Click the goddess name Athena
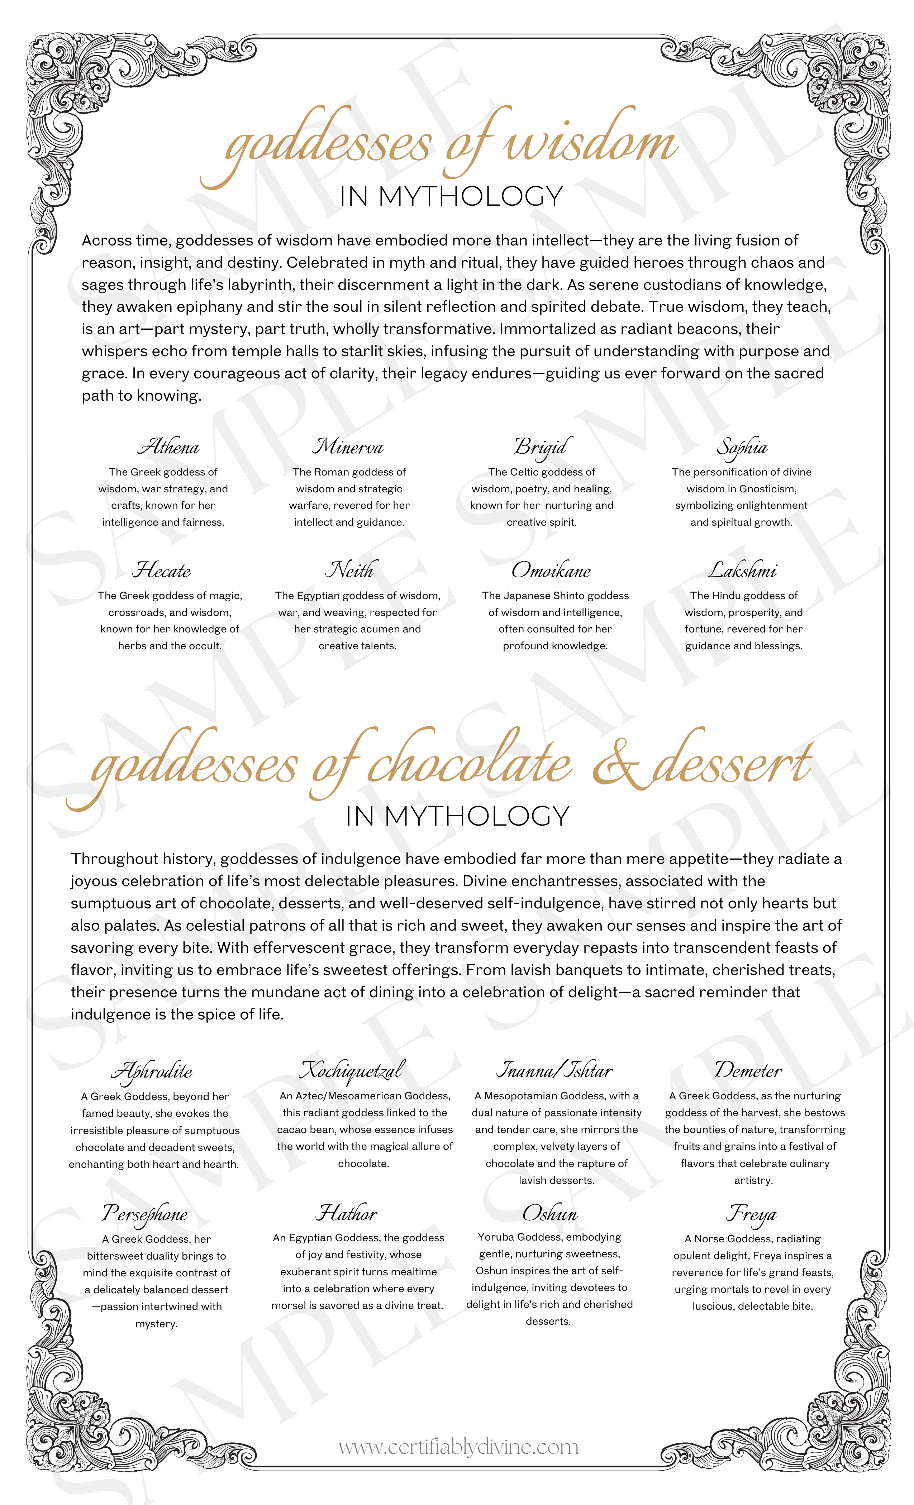(168, 447)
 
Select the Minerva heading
(348, 447)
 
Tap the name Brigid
(543, 447)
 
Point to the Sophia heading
(742, 448)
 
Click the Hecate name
(162, 570)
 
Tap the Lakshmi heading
(742, 570)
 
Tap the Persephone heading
(146, 1213)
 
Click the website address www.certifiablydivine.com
(458, 1446)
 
